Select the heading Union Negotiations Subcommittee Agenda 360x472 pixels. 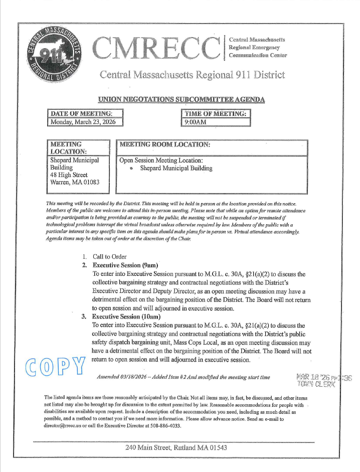pos(182,99)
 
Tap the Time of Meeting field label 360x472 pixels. pos(216,113)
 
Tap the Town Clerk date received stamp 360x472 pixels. pos(322,381)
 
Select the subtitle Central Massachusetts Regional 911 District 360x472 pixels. pos(192,75)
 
